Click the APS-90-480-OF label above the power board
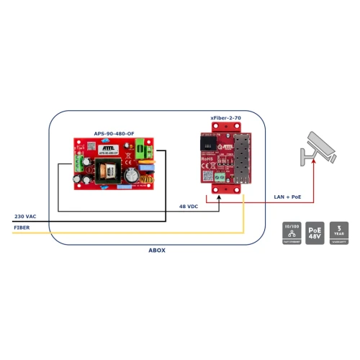coord(114,133)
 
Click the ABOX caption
coord(156,251)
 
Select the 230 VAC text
coord(24,217)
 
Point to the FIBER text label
coord(21,228)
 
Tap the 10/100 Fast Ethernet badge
coord(291,232)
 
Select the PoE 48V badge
coord(315,232)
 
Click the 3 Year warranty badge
coord(339,232)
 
